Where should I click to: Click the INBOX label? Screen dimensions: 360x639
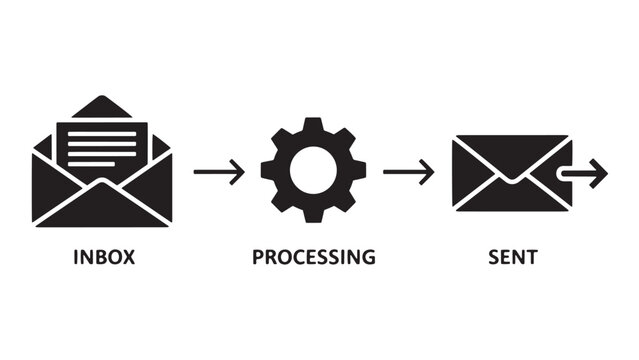103,257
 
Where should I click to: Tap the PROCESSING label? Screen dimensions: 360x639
313,257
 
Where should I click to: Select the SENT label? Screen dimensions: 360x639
513,257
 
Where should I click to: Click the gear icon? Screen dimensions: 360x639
313,171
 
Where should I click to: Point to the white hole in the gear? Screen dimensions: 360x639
313,171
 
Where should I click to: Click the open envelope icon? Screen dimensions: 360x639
103,165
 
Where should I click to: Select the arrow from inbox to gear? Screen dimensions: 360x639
219,172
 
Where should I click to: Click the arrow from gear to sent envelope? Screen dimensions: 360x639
408,172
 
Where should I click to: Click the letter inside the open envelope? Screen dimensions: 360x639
103,145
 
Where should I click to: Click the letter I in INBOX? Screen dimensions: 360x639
76,257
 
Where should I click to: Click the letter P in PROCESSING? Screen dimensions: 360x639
257,257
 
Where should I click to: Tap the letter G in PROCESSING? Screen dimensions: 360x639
369,257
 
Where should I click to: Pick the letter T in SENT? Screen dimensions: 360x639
532,257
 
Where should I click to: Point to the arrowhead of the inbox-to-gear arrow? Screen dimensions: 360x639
238,172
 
